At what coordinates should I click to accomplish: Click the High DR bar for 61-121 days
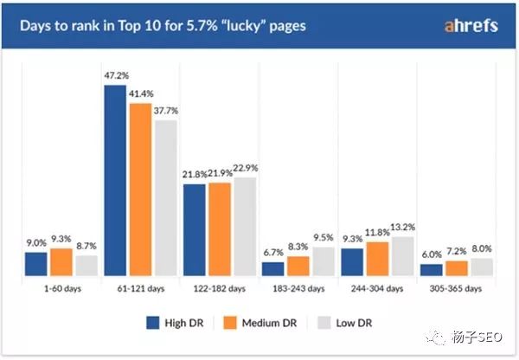pos(115,180)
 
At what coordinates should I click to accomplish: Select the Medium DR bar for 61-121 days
pos(140,190)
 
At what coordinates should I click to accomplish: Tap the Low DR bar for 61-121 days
pos(165,197)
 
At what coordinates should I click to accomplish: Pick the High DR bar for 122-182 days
pos(195,229)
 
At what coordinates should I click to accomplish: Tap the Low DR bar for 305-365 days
pos(482,267)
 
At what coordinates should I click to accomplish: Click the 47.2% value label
pos(115,77)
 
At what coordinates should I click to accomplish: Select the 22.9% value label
pos(247,168)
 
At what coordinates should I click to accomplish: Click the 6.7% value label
pos(273,253)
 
